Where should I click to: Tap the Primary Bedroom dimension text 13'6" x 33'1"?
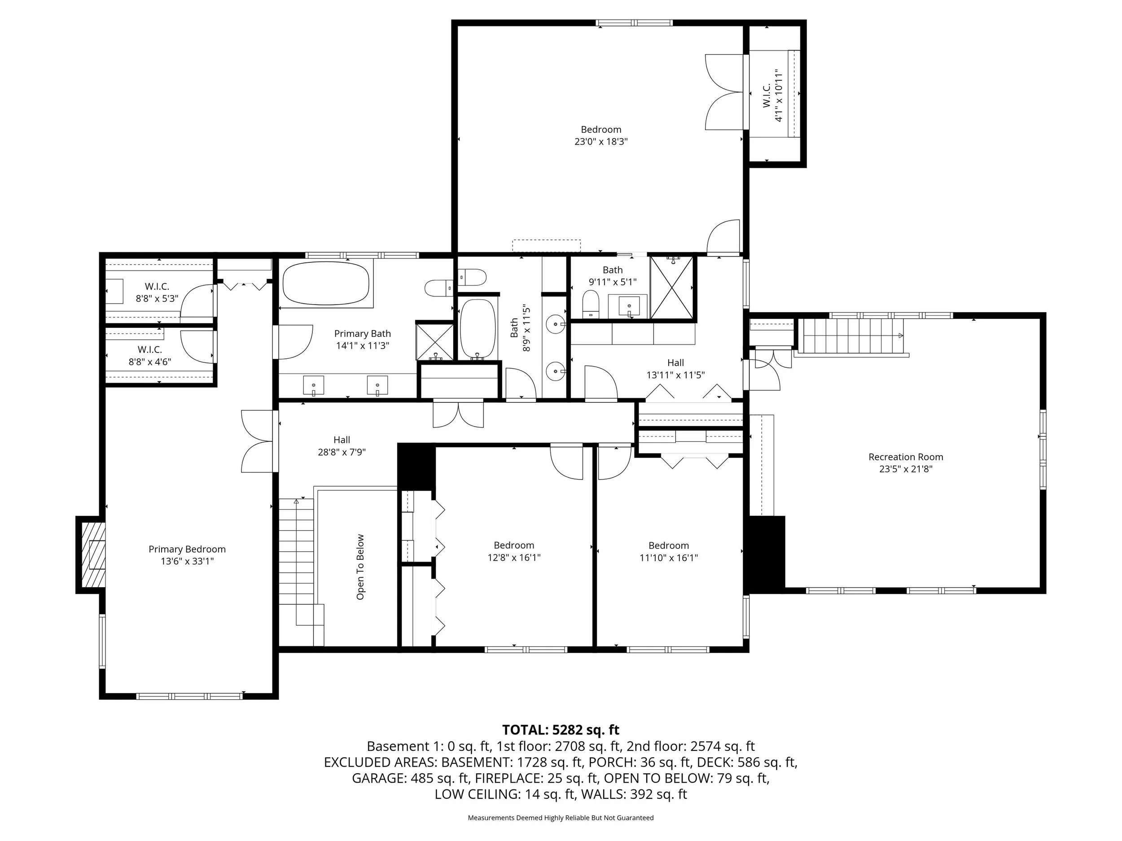click(x=187, y=561)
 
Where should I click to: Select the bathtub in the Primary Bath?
click(x=326, y=283)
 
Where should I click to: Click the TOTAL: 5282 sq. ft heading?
click(x=561, y=729)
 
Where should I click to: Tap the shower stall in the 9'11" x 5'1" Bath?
click(x=671, y=288)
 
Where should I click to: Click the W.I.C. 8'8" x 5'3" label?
click(x=157, y=292)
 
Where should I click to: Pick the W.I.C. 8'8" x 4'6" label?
click(x=149, y=355)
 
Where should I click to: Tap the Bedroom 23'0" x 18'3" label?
click(x=600, y=135)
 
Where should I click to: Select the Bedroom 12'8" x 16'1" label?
click(x=514, y=551)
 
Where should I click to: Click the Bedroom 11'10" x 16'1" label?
click(x=669, y=552)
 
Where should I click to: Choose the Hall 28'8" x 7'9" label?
click(x=342, y=445)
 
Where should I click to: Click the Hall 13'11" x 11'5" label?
click(x=675, y=369)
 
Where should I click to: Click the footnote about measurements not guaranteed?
click(x=561, y=818)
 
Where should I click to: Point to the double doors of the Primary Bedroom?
click(x=259, y=440)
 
